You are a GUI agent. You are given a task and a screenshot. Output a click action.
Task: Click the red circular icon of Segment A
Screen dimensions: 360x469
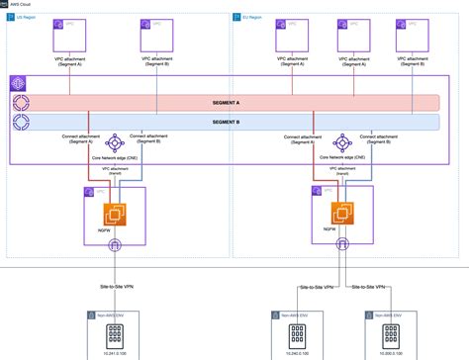pos(22,103)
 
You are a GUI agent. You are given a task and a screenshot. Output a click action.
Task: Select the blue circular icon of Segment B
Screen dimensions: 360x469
pos(22,123)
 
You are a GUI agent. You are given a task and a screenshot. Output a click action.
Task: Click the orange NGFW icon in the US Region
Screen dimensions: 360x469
pos(115,213)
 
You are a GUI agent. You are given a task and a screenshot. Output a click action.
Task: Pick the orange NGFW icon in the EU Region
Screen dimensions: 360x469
pos(342,213)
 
